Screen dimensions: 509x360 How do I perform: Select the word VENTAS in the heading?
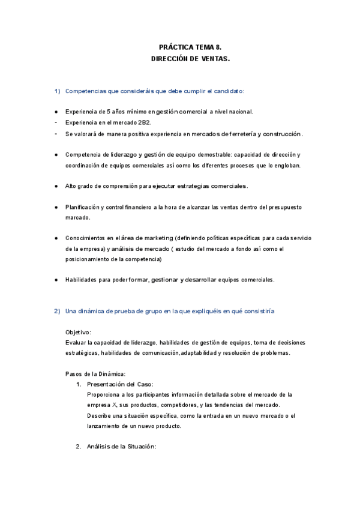point(212,59)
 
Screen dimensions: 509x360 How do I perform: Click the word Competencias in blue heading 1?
point(85,91)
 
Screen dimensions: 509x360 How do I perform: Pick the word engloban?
point(285,165)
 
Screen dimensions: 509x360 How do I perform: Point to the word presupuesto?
point(280,207)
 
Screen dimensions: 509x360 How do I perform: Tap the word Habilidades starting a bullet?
point(81,280)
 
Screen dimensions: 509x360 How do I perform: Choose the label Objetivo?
point(78,332)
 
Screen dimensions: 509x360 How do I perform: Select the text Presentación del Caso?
point(120,384)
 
